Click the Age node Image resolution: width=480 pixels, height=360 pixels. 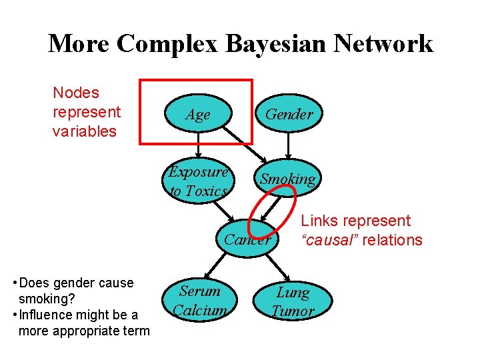coord(198,115)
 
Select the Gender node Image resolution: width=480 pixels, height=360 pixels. coord(289,114)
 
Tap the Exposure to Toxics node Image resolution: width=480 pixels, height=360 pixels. coord(198,181)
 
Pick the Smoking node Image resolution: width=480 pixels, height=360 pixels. coord(287,179)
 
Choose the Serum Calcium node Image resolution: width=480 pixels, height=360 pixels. coord(200,301)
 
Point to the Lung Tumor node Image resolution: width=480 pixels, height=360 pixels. coord(293,301)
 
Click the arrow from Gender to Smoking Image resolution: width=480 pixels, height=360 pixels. coord(288,147)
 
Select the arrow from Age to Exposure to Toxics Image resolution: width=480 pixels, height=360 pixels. coord(198,147)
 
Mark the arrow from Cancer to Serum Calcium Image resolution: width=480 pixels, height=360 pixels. coord(217,267)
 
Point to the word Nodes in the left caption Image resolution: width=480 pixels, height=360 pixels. coord(75,93)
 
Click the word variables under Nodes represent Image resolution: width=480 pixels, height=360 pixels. coord(84,131)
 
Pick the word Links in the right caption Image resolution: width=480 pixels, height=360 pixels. coord(319,221)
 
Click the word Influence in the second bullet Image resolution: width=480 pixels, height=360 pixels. coord(52,315)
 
